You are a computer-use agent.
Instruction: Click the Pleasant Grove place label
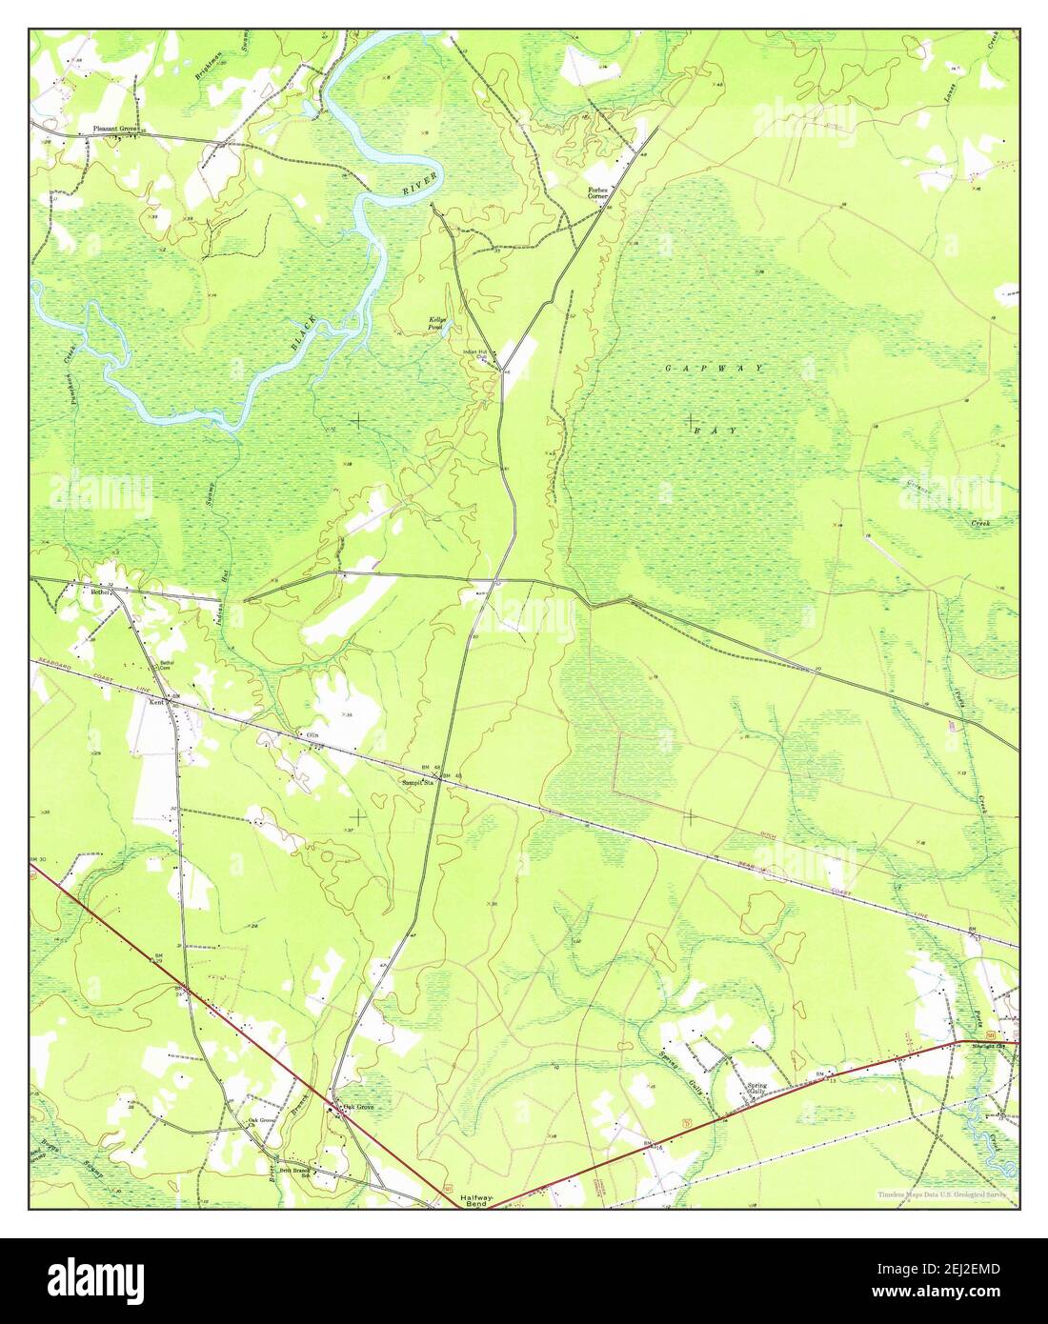115,128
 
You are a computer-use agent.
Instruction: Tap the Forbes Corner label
597,192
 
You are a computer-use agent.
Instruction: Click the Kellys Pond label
435,323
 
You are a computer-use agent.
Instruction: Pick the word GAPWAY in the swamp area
715,367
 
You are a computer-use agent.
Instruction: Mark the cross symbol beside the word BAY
689,420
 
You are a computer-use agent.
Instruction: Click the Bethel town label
101,592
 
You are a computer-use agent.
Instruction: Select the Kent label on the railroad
156,702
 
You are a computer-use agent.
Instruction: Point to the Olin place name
311,735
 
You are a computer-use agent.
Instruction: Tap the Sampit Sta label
417,783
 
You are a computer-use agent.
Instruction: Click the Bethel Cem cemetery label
167,664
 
